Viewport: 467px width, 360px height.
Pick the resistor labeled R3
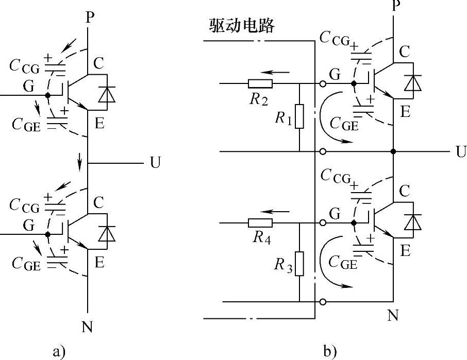point(299,264)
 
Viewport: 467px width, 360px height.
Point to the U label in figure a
point(155,163)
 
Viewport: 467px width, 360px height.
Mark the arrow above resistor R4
point(273,211)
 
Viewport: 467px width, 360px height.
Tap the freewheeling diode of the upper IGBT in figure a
point(107,94)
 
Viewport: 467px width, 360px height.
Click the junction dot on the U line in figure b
point(393,151)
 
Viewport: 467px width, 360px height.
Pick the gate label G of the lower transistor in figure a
point(28,225)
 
